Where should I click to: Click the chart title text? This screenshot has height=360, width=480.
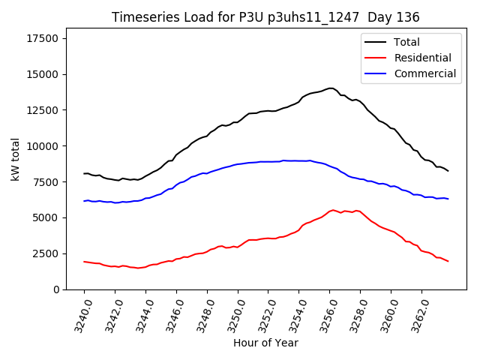(x=265, y=17)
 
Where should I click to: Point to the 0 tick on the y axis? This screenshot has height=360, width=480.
(x=55, y=289)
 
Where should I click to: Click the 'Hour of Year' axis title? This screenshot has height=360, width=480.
(x=265, y=343)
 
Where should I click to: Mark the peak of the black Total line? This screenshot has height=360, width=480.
(x=331, y=88)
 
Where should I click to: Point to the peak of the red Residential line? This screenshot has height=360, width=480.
(x=333, y=210)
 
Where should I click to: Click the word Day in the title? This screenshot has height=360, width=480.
(x=379, y=17)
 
